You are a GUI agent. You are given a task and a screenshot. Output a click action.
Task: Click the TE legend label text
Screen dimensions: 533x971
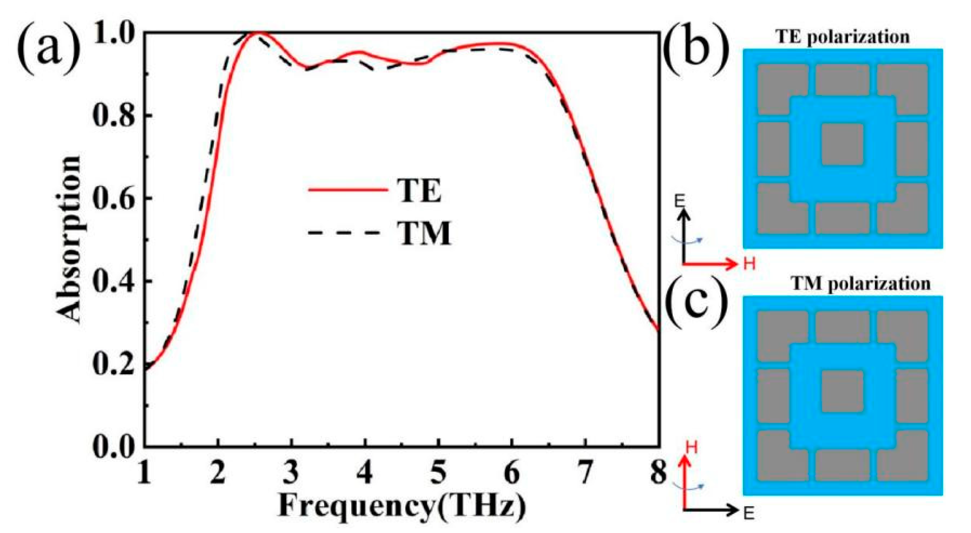[x=420, y=191]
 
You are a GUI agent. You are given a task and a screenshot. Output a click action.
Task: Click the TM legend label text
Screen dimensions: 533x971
[x=424, y=233]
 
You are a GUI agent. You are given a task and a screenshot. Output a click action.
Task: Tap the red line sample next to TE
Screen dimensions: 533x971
[x=348, y=190]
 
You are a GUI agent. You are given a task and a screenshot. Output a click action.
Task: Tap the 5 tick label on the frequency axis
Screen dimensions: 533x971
[x=438, y=473]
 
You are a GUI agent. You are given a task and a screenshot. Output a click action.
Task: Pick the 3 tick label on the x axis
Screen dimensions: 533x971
[x=292, y=473]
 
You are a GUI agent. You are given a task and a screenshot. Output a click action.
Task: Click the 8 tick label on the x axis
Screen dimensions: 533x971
[x=658, y=473]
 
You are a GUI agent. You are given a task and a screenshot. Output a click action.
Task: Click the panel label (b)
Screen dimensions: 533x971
[x=696, y=50]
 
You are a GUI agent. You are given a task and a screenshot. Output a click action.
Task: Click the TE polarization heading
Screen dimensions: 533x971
[x=843, y=37]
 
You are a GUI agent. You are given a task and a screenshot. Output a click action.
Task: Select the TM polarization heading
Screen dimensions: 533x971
[x=860, y=284]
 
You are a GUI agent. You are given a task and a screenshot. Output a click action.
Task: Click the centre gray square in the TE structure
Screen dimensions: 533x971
[x=842, y=144]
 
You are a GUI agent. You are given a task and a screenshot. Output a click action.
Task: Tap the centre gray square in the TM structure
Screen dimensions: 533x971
[x=842, y=391]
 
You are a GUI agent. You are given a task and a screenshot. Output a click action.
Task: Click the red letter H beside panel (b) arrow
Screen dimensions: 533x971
[x=749, y=264]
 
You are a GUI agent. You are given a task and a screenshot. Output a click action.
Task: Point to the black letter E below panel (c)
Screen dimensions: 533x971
[x=748, y=514]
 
